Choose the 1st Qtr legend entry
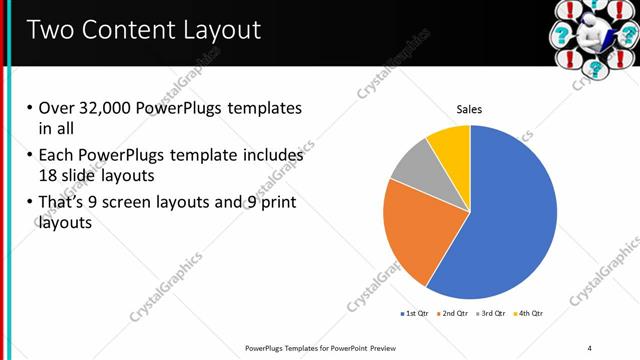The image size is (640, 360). (x=414, y=313)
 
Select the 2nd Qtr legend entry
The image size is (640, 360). (x=454, y=313)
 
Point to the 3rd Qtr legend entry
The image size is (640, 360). (x=492, y=313)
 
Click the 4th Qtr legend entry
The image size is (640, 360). (x=530, y=313)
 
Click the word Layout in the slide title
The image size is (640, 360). (x=214, y=30)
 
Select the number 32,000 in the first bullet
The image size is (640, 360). (x=102, y=108)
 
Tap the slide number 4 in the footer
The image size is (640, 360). (x=590, y=347)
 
